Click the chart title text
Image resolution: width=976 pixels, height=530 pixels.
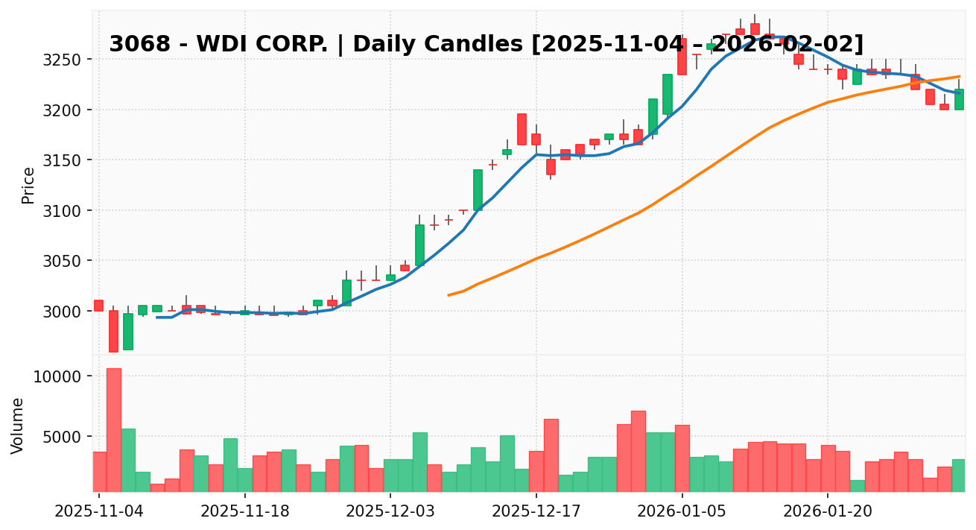[486, 44]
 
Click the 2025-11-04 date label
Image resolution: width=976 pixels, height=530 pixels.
[99, 513]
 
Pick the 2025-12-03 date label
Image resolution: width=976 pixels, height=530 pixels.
[390, 513]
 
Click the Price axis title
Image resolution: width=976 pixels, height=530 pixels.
[28, 185]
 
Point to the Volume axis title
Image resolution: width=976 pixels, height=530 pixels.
[18, 425]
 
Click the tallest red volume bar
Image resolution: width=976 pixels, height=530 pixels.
[113, 429]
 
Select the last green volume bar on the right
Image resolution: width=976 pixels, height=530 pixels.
[958, 475]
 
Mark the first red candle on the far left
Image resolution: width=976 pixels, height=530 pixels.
[98, 306]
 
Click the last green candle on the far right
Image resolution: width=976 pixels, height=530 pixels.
[958, 99]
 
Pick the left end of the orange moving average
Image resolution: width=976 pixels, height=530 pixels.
[449, 295]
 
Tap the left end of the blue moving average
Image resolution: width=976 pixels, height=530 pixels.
[157, 317]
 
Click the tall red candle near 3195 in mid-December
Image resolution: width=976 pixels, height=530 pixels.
[522, 129]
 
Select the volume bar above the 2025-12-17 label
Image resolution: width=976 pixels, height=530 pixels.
[536, 471]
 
